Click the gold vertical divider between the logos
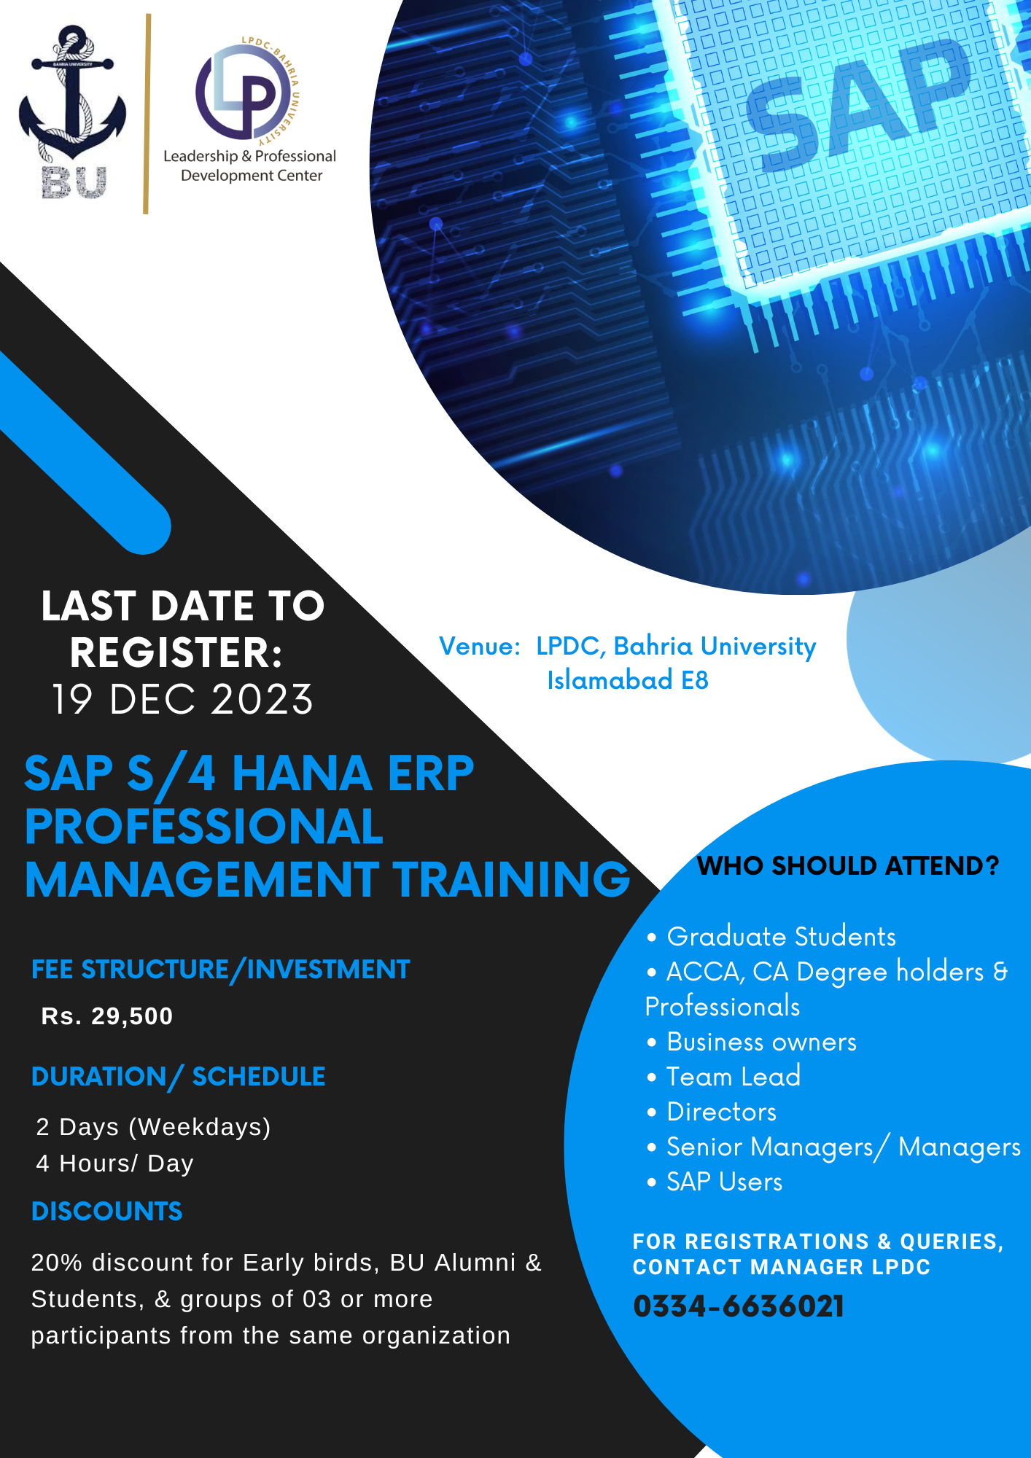(x=147, y=114)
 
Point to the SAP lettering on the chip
(x=860, y=102)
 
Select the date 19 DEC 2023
(x=182, y=699)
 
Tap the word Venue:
(x=479, y=647)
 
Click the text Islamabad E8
(x=628, y=680)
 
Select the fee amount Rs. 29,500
(x=107, y=1016)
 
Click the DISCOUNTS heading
(x=107, y=1212)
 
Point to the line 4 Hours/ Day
(x=115, y=1163)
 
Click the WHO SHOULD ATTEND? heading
(x=848, y=866)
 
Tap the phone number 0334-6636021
(x=739, y=1306)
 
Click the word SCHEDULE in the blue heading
(x=259, y=1077)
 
